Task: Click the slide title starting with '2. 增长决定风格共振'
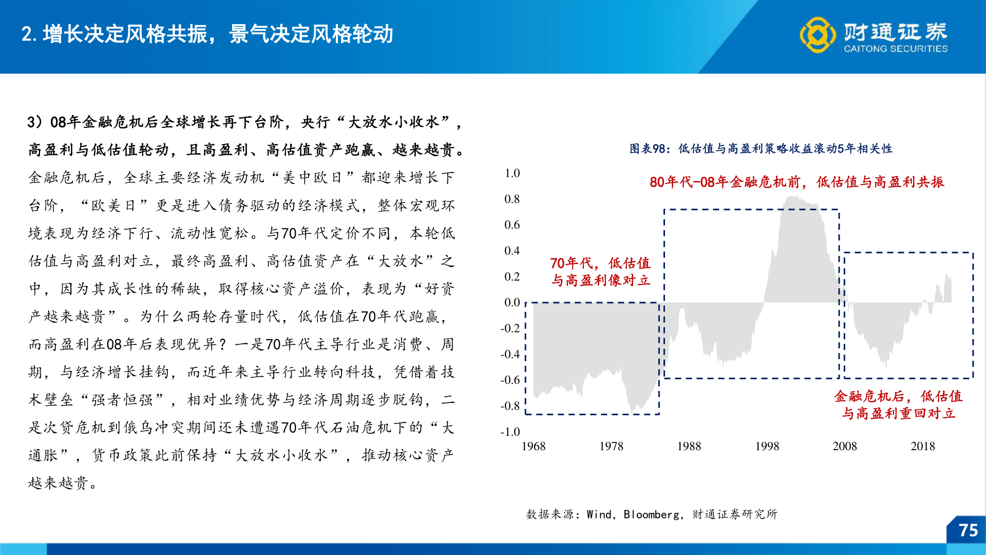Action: click(x=207, y=34)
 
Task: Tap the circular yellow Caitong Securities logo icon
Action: click(x=818, y=35)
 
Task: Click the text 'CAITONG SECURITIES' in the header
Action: click(x=896, y=49)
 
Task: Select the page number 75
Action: click(x=969, y=530)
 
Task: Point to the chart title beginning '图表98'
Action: click(x=761, y=149)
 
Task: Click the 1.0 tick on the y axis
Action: click(x=512, y=173)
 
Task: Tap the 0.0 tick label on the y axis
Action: click(x=512, y=302)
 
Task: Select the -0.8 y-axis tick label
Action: click(x=510, y=406)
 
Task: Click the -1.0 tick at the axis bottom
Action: click(x=510, y=432)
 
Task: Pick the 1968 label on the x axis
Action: click(x=534, y=446)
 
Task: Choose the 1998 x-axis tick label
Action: click(x=767, y=446)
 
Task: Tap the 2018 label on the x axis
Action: click(x=923, y=446)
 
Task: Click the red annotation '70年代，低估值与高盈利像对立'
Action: click(x=600, y=271)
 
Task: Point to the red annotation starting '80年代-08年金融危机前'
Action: click(x=797, y=182)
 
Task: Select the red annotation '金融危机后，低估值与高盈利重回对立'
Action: click(x=898, y=404)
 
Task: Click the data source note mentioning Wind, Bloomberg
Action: click(x=652, y=514)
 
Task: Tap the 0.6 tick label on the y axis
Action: click(x=512, y=225)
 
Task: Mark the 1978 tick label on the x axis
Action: click(x=611, y=446)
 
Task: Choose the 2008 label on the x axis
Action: click(x=845, y=446)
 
